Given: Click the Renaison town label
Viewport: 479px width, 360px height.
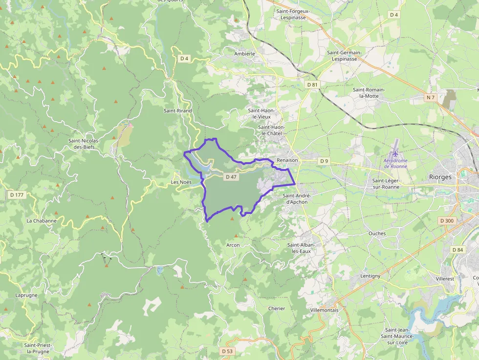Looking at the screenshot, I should tap(287, 160).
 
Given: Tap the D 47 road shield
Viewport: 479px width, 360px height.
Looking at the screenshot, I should tap(231, 177).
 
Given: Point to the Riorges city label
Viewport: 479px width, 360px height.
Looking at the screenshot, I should tap(440, 177).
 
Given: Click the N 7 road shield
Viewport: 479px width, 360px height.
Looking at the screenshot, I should tap(430, 98).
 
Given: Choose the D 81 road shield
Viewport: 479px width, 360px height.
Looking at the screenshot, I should tap(313, 85).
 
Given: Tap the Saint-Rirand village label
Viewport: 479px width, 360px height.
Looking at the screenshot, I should tap(178, 111).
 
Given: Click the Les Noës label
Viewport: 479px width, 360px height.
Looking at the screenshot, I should tap(181, 182).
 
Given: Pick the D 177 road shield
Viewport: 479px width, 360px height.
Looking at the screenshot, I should tap(17, 195).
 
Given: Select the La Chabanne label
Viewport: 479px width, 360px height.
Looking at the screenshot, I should tap(42, 220).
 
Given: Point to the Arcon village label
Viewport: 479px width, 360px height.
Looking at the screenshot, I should tap(233, 245).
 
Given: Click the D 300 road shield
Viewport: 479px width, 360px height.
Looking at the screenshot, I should tap(447, 221).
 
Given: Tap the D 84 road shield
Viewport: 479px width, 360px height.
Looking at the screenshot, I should tap(458, 250).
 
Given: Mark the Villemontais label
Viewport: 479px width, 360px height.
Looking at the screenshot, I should tap(324, 310).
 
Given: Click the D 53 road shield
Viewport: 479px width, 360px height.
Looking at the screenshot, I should tap(227, 351).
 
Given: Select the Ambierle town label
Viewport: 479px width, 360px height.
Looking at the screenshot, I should tap(245, 54).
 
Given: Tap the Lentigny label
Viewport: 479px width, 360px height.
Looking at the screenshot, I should tap(370, 276).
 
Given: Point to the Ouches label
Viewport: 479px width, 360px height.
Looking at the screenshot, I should tap(377, 233).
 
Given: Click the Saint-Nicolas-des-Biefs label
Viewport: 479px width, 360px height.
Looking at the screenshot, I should tap(84, 144).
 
